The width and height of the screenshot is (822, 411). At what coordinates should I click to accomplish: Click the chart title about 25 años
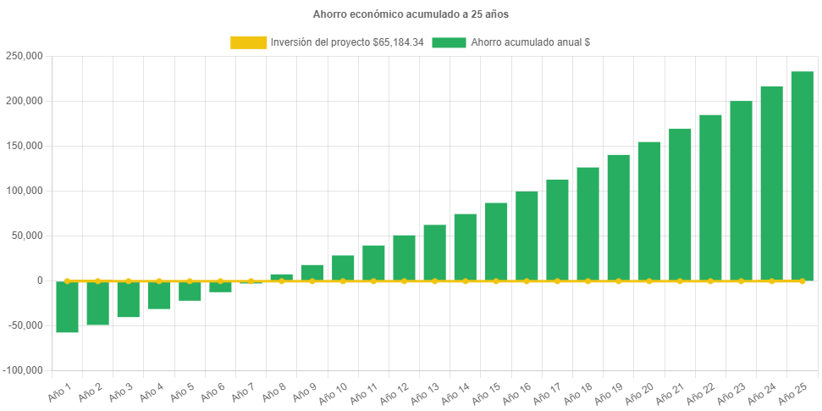pyautogui.click(x=411, y=14)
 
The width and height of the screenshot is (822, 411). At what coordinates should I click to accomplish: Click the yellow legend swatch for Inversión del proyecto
pyautogui.click(x=248, y=42)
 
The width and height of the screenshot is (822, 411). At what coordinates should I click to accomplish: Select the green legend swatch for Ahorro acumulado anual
pyautogui.click(x=449, y=42)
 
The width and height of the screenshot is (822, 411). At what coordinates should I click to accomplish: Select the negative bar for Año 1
pyautogui.click(x=68, y=307)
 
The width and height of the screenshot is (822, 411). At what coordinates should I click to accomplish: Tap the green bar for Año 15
pyautogui.click(x=496, y=242)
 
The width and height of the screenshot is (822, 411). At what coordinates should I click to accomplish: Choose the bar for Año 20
pyautogui.click(x=649, y=211)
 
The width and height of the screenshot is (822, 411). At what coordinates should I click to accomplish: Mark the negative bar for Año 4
pyautogui.click(x=159, y=295)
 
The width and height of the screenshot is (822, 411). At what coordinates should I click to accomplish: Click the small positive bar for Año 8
pyautogui.click(x=281, y=277)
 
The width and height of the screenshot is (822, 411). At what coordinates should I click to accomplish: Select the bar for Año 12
pyautogui.click(x=404, y=258)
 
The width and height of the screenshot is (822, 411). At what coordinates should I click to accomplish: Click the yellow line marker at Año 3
pyautogui.click(x=129, y=280)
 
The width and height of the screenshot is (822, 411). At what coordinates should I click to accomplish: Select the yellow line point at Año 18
pyautogui.click(x=588, y=280)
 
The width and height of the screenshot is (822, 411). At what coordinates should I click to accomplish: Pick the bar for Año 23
pyautogui.click(x=741, y=191)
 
